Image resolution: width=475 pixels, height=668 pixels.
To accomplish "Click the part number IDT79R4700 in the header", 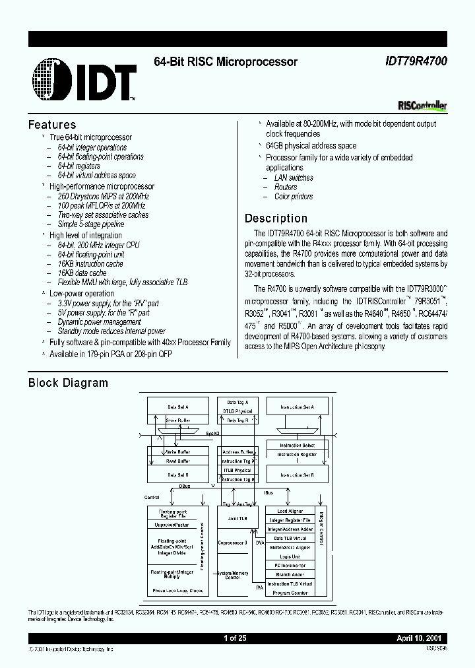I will (416, 62).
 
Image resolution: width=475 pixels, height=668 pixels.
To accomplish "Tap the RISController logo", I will (423, 106).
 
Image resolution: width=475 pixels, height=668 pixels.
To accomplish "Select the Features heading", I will (52, 125).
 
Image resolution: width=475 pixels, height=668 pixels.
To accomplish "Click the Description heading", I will (276, 218).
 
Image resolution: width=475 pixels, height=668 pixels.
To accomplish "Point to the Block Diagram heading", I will (68, 383).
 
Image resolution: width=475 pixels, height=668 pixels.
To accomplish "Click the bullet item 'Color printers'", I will (294, 197).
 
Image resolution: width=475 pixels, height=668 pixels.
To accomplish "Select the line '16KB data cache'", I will (82, 273).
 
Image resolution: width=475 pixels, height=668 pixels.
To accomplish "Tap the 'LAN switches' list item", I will (294, 178).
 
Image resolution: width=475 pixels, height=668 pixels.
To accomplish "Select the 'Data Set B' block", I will (177, 474).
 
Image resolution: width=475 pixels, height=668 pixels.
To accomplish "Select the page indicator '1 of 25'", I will (235, 639).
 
